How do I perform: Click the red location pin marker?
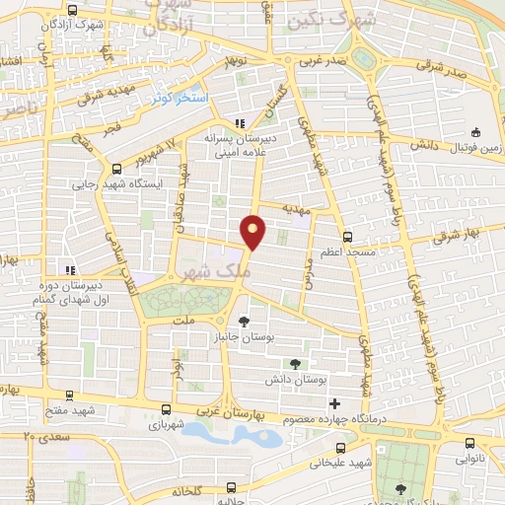pos(253,231)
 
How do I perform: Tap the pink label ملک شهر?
pos(206,268)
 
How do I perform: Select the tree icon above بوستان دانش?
pos(295,363)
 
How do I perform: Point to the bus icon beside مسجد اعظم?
pos(347,236)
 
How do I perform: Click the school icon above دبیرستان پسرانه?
pos(240,123)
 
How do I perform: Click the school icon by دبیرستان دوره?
pos(69,268)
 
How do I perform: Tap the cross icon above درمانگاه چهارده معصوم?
pos(335,403)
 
